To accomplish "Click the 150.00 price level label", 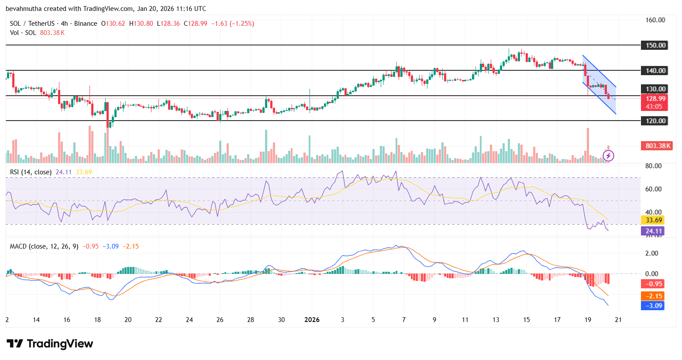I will coord(654,45).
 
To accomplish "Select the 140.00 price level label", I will coord(654,70).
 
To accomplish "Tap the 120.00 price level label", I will coord(654,121).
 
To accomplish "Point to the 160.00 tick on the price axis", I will coord(655,20).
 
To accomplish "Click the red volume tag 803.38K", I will coord(656,145).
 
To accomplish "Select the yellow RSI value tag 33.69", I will coord(654,220).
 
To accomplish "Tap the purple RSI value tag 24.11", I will coord(654,231).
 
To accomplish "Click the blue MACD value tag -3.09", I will coord(654,305).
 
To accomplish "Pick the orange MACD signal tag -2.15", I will coord(654,296).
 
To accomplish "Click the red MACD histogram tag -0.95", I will coord(654,284).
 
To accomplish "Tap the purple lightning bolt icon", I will coord(608,156).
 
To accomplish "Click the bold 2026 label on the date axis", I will coord(312,319).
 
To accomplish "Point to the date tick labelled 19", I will coord(588,319).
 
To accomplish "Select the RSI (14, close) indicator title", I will coord(31,172).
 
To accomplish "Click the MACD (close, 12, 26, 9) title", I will coord(44,246).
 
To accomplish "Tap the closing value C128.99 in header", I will coord(195,24).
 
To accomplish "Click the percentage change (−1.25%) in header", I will coord(242,24).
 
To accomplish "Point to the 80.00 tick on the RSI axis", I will coord(653,166).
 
